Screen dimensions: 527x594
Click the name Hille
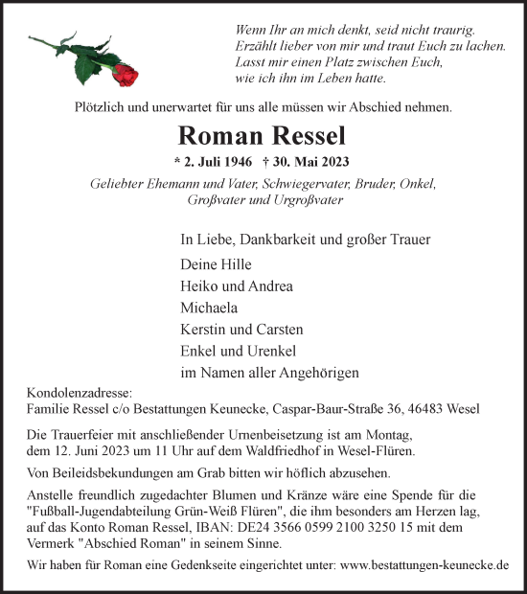(235, 264)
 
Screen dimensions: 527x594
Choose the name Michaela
(209, 308)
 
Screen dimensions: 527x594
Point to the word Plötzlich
(104, 108)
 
